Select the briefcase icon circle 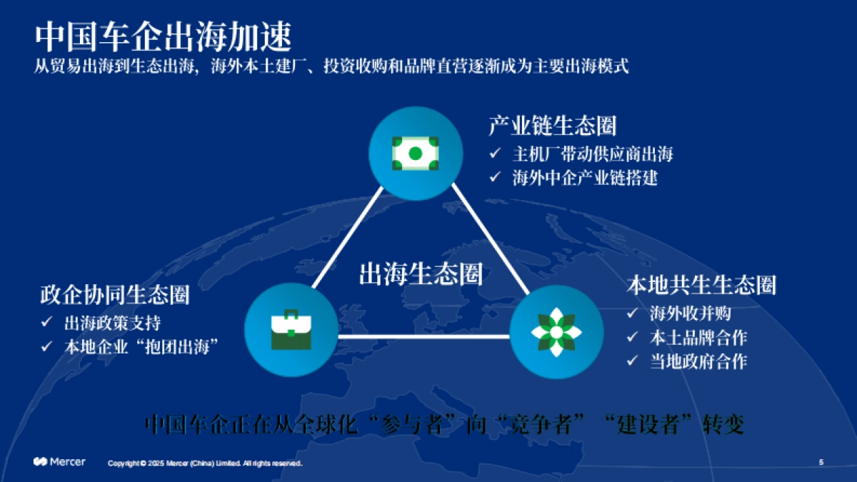tap(291, 331)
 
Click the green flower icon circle tap(556, 332)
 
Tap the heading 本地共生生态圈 tap(701, 285)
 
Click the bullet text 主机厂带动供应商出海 tap(592, 154)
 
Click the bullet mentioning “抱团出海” tap(141, 346)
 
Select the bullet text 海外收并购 tap(689, 313)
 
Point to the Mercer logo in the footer tap(59, 462)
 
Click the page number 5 tap(821, 462)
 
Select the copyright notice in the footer tap(205, 463)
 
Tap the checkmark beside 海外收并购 tap(632, 313)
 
